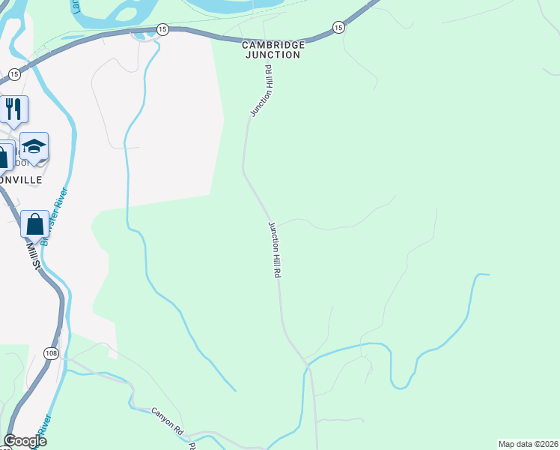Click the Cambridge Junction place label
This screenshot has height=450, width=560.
pos(271,50)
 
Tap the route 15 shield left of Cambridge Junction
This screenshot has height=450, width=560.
pos(163,29)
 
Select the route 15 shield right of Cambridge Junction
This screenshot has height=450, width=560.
pos(338,28)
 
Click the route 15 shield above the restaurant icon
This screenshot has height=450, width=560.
pos(14,74)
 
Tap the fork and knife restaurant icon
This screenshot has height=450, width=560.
pos(13,109)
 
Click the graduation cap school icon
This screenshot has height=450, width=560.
pos(34,146)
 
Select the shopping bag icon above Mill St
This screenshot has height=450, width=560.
pos(34,223)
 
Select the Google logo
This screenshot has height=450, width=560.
pos(25,441)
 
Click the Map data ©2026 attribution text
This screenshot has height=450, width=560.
pos(529,443)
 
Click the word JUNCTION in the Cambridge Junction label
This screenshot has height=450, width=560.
pos(271,55)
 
